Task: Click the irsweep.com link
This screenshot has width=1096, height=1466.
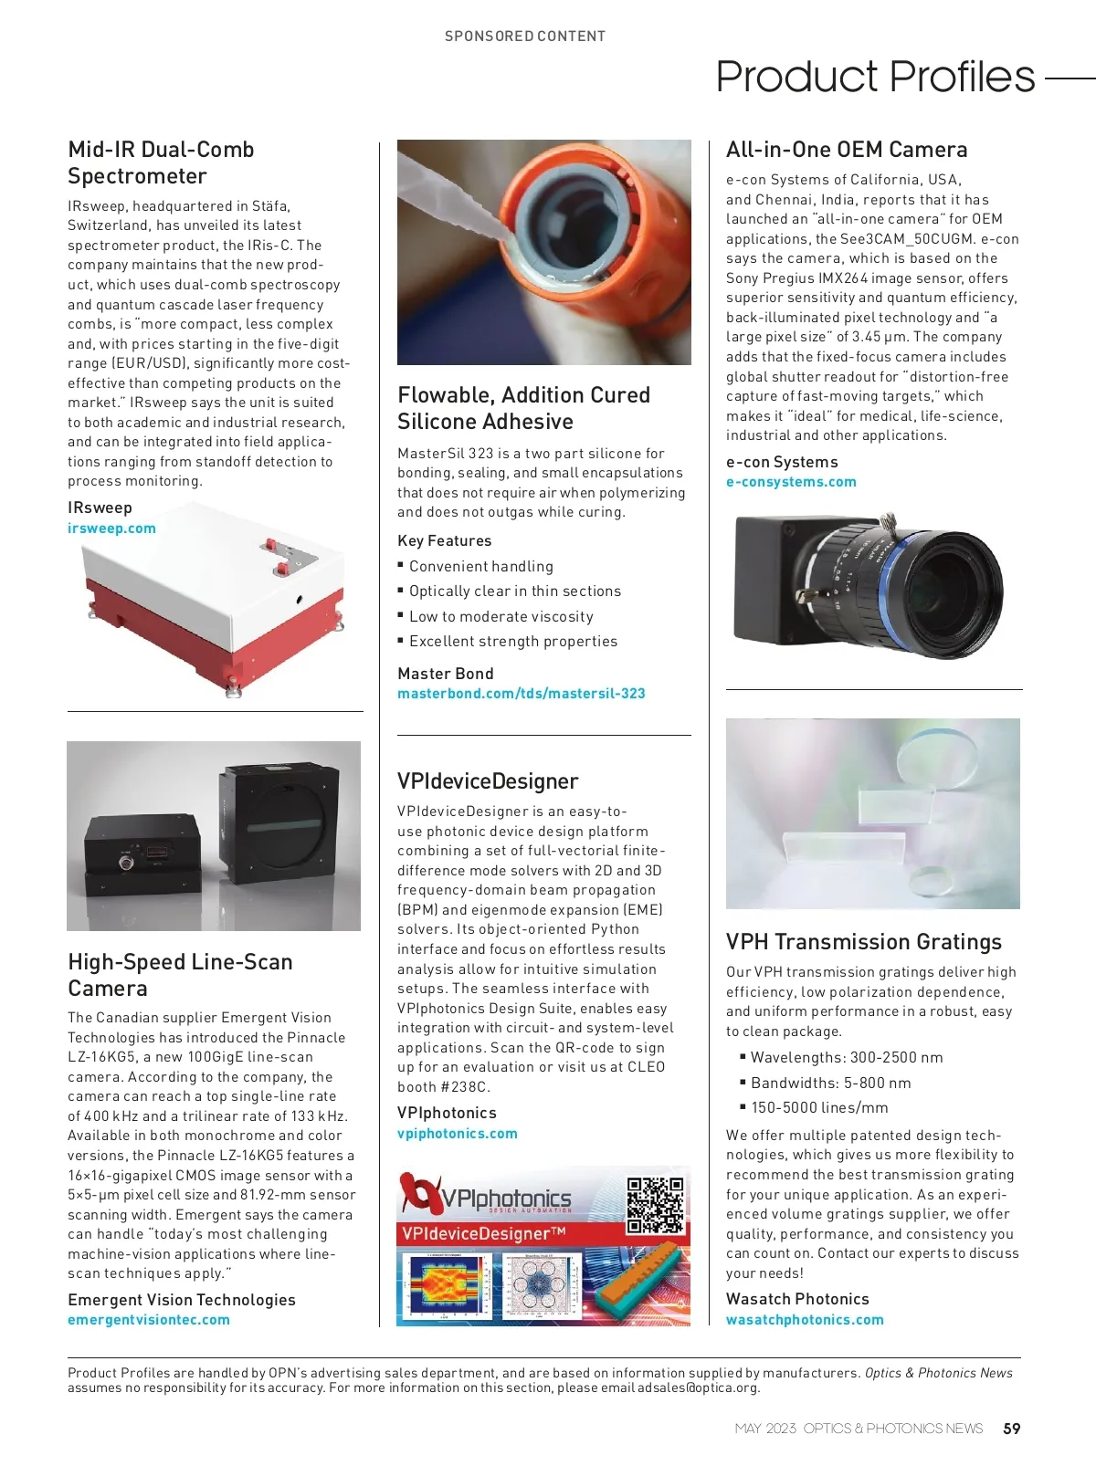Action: (x=111, y=529)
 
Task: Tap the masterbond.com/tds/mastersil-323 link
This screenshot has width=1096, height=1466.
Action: (x=521, y=694)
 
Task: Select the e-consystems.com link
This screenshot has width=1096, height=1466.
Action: (x=791, y=482)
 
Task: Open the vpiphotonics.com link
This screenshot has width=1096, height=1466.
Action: (x=457, y=1134)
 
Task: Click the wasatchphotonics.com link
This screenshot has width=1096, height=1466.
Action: (x=805, y=1320)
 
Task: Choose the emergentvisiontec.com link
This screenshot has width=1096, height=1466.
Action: (x=149, y=1320)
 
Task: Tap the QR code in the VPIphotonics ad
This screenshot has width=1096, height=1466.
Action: (x=655, y=1205)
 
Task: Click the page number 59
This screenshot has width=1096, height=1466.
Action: (x=1012, y=1429)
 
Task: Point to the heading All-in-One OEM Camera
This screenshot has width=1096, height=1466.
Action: (x=846, y=150)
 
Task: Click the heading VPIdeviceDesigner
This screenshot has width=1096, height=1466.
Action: (x=488, y=781)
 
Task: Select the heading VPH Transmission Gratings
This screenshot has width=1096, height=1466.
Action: (x=863, y=942)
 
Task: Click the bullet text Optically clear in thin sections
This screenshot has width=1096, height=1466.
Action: (x=515, y=592)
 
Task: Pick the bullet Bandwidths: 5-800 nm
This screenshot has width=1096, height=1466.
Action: (x=830, y=1084)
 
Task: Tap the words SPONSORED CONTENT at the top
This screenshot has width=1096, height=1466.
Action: (x=525, y=37)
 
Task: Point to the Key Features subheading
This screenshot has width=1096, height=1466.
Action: (x=445, y=541)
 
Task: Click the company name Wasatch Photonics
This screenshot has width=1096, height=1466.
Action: (x=797, y=1299)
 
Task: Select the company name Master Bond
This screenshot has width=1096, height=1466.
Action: (x=446, y=674)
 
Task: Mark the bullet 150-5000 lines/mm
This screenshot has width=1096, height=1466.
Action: (x=819, y=1108)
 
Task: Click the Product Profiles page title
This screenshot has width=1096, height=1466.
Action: (x=875, y=77)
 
